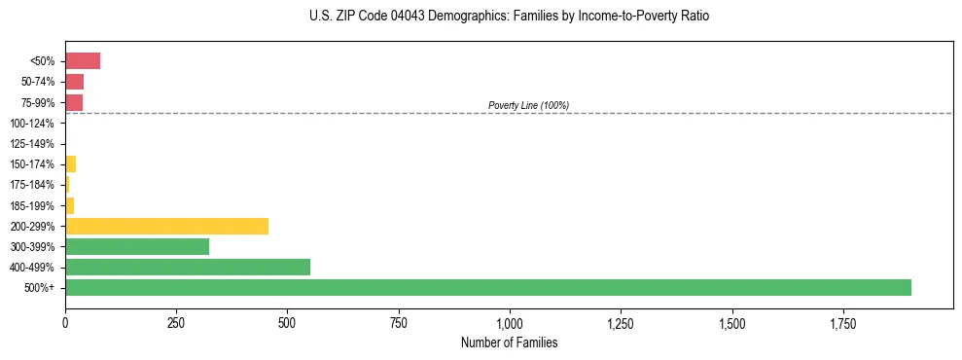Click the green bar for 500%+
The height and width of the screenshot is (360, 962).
click(487, 287)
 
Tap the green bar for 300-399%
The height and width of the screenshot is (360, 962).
click(137, 246)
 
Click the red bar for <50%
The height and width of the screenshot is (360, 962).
click(83, 61)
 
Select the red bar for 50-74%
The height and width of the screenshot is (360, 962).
click(74, 82)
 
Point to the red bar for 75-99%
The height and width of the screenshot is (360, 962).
click(74, 102)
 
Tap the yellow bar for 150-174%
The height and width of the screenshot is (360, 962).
click(70, 163)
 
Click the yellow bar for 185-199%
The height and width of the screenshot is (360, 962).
click(69, 205)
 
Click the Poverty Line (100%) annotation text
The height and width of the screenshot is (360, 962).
click(528, 105)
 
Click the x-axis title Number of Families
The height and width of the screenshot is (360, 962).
click(509, 342)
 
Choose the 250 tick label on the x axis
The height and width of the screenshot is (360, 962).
click(176, 323)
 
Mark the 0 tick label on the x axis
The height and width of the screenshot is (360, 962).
click(65, 323)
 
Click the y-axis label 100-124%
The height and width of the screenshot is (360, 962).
click(32, 124)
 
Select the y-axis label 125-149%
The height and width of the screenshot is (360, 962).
click(32, 144)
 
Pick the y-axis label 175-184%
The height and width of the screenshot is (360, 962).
click(32, 185)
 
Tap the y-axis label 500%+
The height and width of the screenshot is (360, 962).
click(40, 288)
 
